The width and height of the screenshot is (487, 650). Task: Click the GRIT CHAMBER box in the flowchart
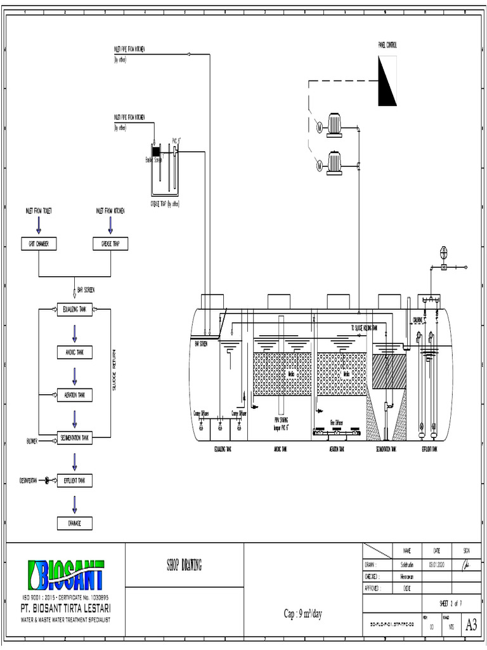(39, 244)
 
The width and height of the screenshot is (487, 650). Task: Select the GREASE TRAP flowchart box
(110, 244)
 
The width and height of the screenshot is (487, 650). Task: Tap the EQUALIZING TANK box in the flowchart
(75, 310)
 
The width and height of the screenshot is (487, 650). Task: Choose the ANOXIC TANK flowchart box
(75, 352)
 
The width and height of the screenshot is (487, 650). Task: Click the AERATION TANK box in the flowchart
(75, 395)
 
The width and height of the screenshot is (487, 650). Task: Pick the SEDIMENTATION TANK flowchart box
(75, 438)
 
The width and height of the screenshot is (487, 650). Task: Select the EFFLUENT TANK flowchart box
(75, 481)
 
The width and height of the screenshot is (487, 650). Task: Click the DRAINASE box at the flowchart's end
(75, 524)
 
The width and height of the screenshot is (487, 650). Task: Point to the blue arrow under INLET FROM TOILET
(39, 224)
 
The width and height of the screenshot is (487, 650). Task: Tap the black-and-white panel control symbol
(387, 81)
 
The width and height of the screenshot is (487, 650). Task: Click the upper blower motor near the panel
(334, 126)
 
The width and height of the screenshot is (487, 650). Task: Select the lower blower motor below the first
(334, 164)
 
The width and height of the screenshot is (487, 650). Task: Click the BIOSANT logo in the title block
(66, 576)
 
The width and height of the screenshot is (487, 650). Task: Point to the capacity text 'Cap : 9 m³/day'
(303, 614)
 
